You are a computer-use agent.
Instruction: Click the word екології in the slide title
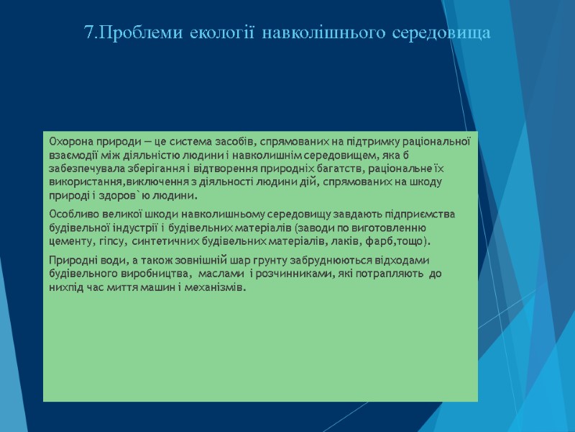(223, 33)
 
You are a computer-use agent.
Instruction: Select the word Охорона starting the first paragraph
(69, 141)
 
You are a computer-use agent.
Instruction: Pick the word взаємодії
(71, 155)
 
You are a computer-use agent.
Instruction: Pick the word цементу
(70, 240)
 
